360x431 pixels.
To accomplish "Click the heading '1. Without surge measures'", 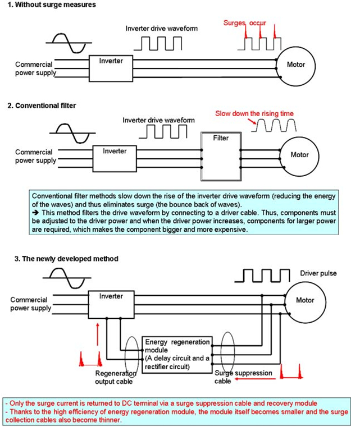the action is click(x=52, y=4).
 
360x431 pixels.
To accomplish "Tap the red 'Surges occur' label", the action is click(x=244, y=23).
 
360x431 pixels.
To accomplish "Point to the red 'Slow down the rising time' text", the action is click(x=254, y=113).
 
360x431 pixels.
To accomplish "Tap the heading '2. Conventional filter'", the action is click(x=42, y=106).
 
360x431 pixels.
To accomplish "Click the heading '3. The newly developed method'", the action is click(x=66, y=259).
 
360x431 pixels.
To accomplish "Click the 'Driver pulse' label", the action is click(x=318, y=273).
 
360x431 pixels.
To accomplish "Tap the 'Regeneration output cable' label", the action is click(x=116, y=377).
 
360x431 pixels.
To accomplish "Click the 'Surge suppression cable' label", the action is click(x=243, y=377).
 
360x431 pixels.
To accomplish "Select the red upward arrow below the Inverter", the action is click(x=98, y=334).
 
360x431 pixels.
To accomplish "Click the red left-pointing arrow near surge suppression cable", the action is click(x=255, y=379).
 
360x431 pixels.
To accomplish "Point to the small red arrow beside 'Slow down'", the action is click(x=252, y=122).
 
